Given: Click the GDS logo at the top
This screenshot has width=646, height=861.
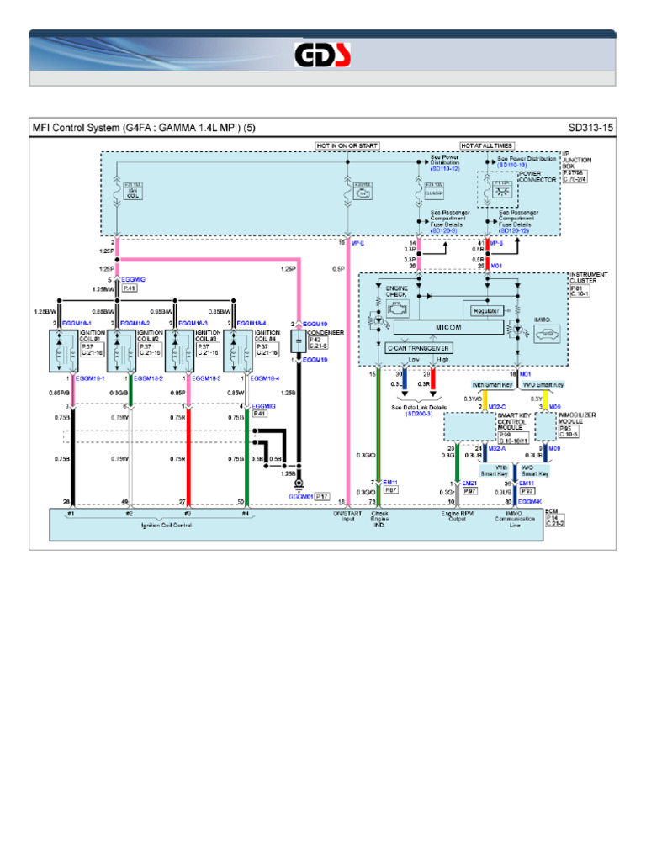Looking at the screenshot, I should pyautogui.click(x=323, y=55).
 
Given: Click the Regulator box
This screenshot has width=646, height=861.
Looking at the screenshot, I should pyautogui.click(x=486, y=310).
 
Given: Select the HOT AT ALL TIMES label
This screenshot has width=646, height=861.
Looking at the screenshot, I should pyautogui.click(x=487, y=145).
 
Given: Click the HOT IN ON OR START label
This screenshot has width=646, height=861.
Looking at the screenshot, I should pyautogui.click(x=348, y=145).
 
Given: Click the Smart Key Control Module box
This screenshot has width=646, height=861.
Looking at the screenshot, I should pyautogui.click(x=469, y=428).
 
